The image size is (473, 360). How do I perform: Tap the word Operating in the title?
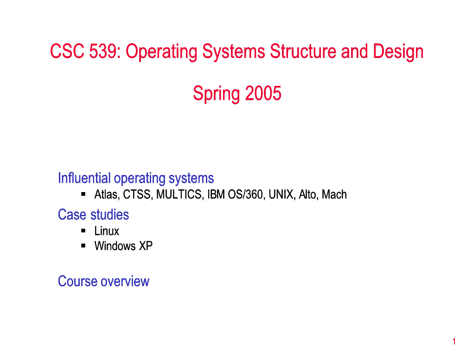tap(161, 52)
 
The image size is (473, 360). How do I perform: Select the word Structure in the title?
tap(303, 51)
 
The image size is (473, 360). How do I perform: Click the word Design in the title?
tap(398, 52)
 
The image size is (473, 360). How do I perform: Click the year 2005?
tap(263, 93)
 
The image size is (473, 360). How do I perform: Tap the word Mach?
tap(334, 194)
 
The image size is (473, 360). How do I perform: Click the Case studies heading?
tap(94, 214)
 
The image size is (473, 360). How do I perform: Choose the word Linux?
tap(107, 231)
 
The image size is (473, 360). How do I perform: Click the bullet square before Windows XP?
tap(83, 245)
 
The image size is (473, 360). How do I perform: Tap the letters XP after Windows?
tap(146, 245)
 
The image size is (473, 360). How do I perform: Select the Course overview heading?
tap(103, 281)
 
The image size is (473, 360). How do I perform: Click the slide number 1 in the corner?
tap(454, 341)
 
